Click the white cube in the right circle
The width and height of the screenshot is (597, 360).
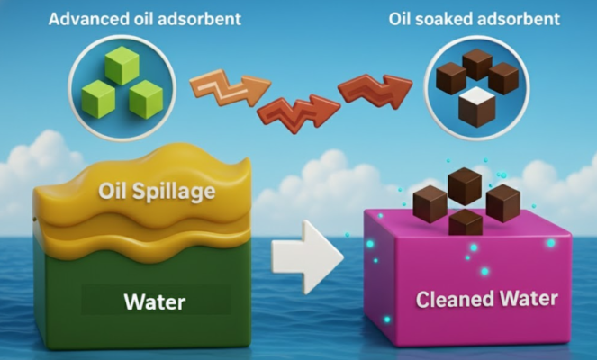(x=476, y=107)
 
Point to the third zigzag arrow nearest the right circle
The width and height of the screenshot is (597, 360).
(x=372, y=89)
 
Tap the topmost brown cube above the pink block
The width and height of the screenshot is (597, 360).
(x=464, y=185)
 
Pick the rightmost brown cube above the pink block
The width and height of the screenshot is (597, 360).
(x=502, y=202)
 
